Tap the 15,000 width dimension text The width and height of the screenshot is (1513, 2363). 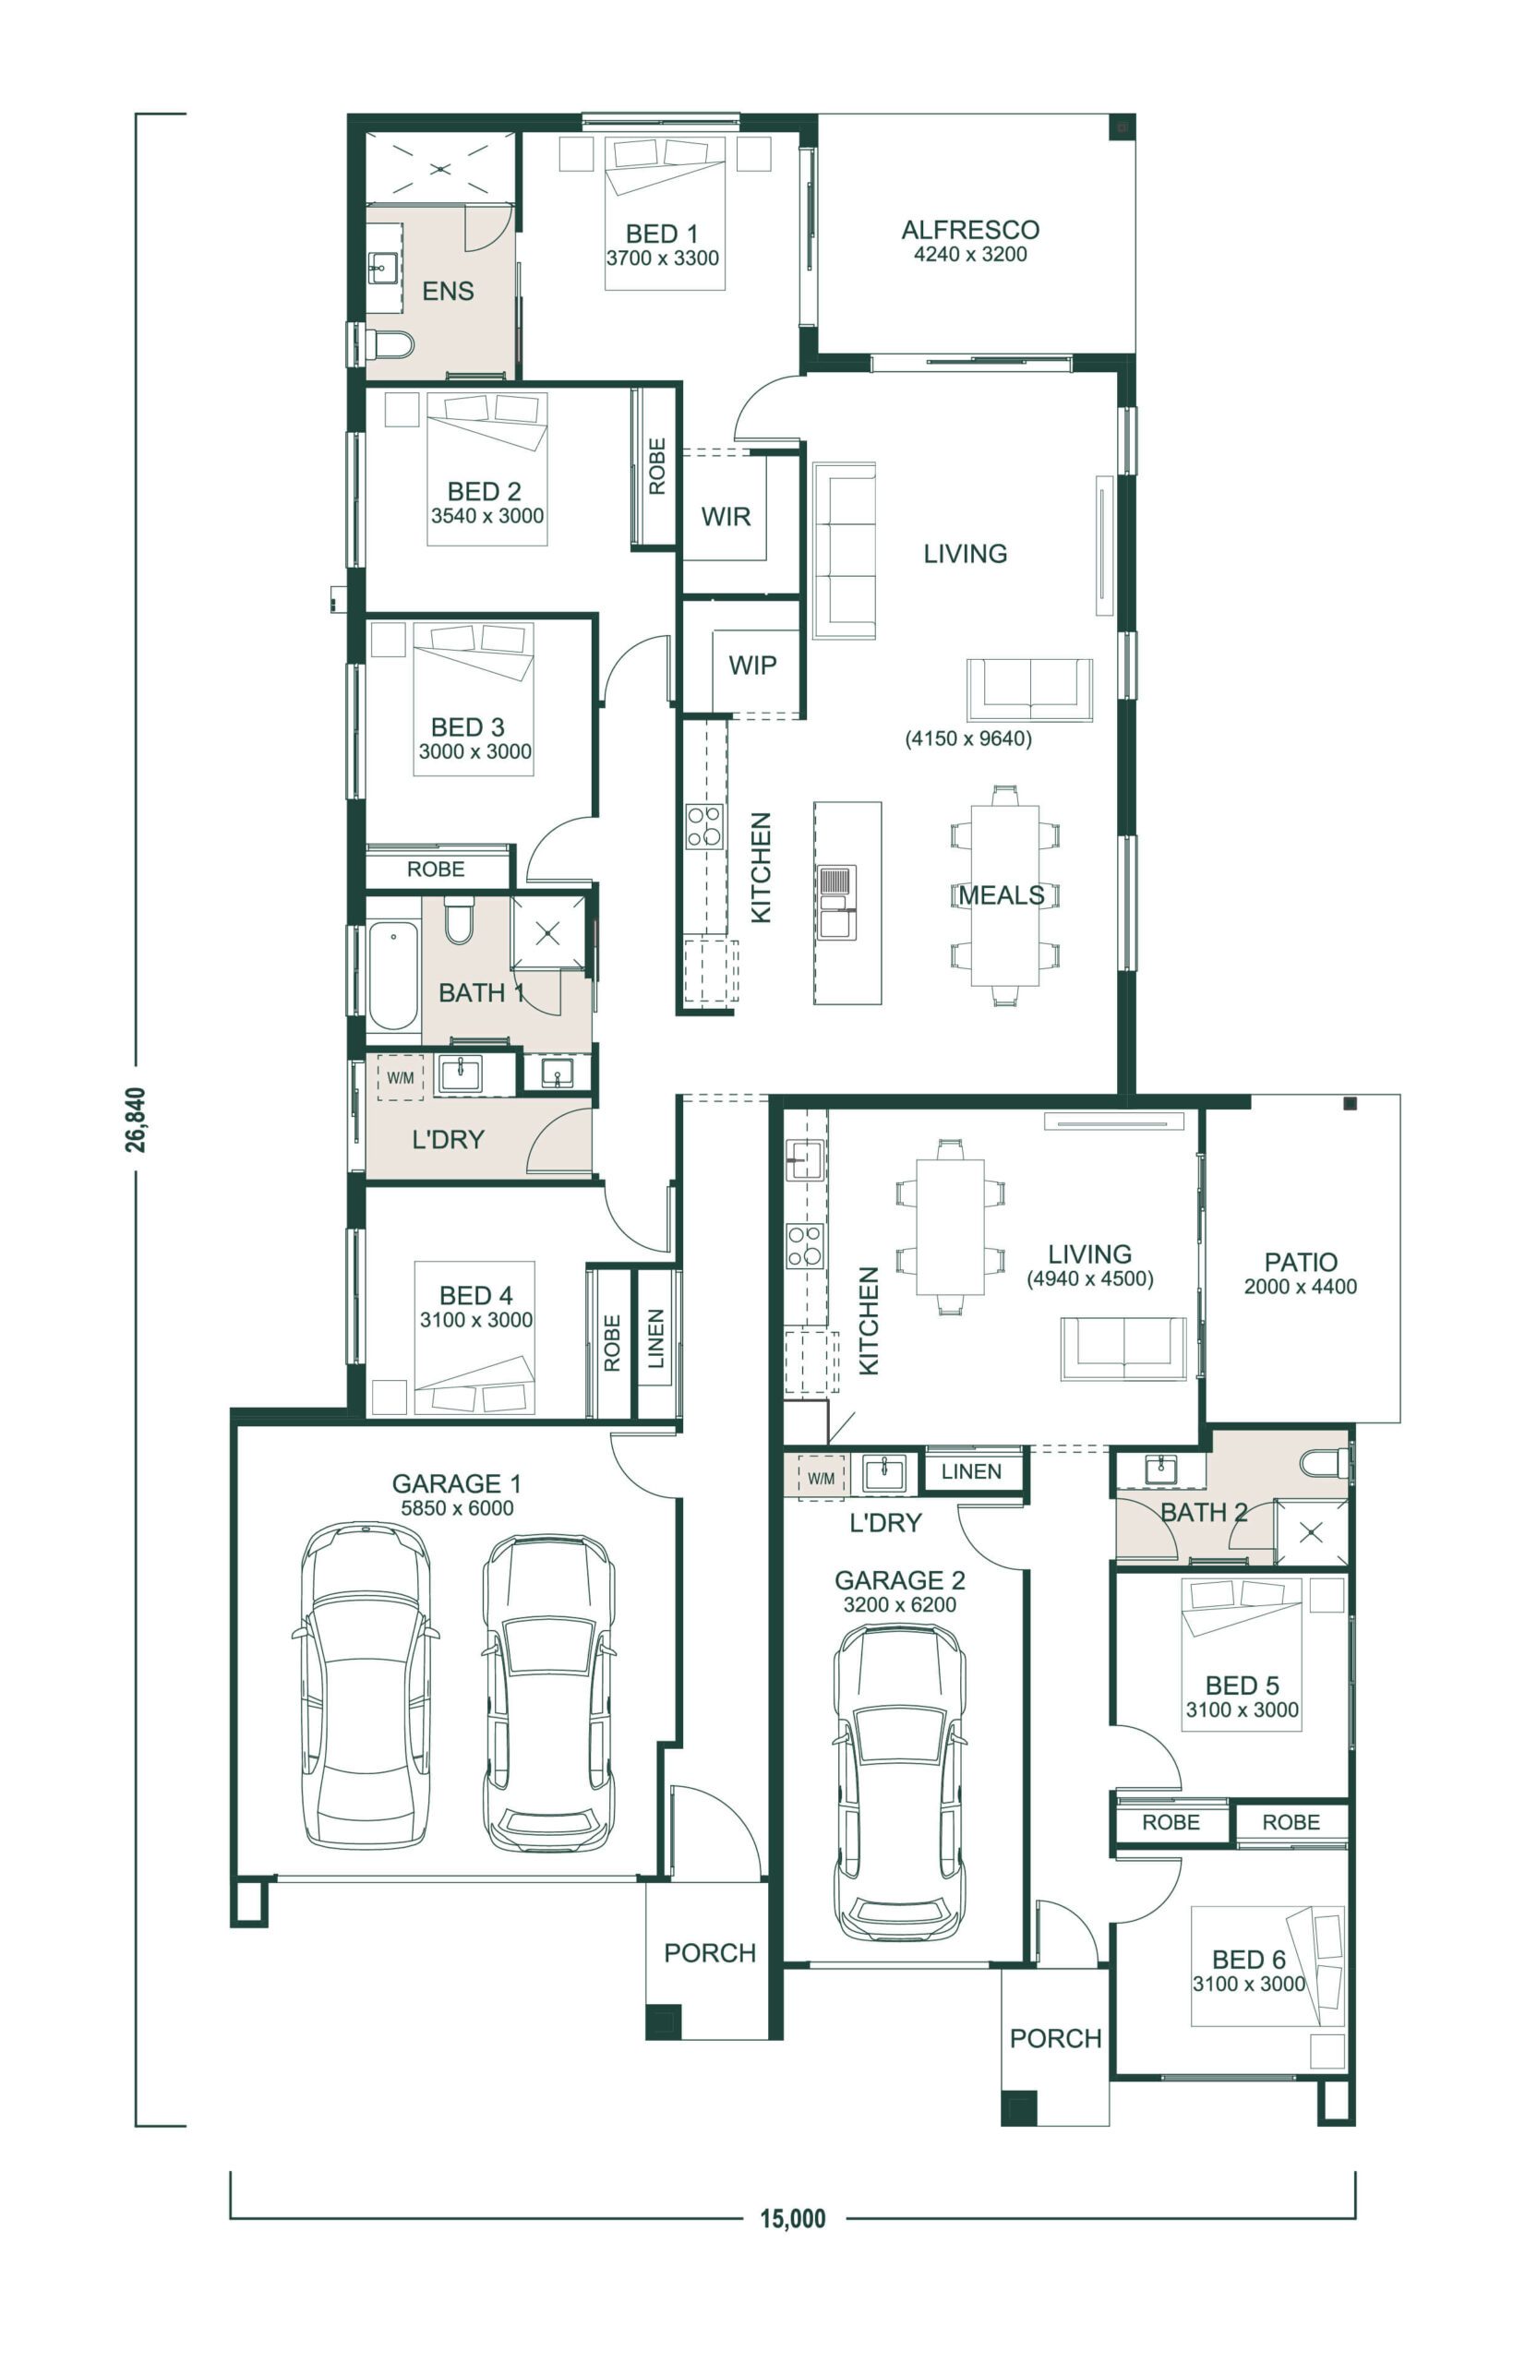coord(793,2218)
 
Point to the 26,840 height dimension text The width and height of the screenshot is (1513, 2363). coord(136,1120)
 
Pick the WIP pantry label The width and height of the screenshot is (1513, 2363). coord(752,666)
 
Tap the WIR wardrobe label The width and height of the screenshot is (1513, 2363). coord(726,517)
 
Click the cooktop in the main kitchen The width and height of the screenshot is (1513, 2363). coord(704,826)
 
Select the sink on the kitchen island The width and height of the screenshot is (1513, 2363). coord(836,902)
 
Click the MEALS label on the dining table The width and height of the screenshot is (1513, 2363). coord(1002,894)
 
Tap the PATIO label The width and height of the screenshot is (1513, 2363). coord(1301,1262)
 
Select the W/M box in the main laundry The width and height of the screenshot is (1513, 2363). coord(400,1077)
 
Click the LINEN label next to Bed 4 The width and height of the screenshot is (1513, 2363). coord(656,1337)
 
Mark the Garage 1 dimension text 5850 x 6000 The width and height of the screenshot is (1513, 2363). coord(457,1507)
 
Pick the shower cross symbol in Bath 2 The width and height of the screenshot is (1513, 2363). coord(1311,1532)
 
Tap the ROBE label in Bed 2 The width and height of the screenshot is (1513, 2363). coord(656,466)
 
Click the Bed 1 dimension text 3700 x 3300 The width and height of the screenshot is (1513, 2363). coord(662,258)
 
